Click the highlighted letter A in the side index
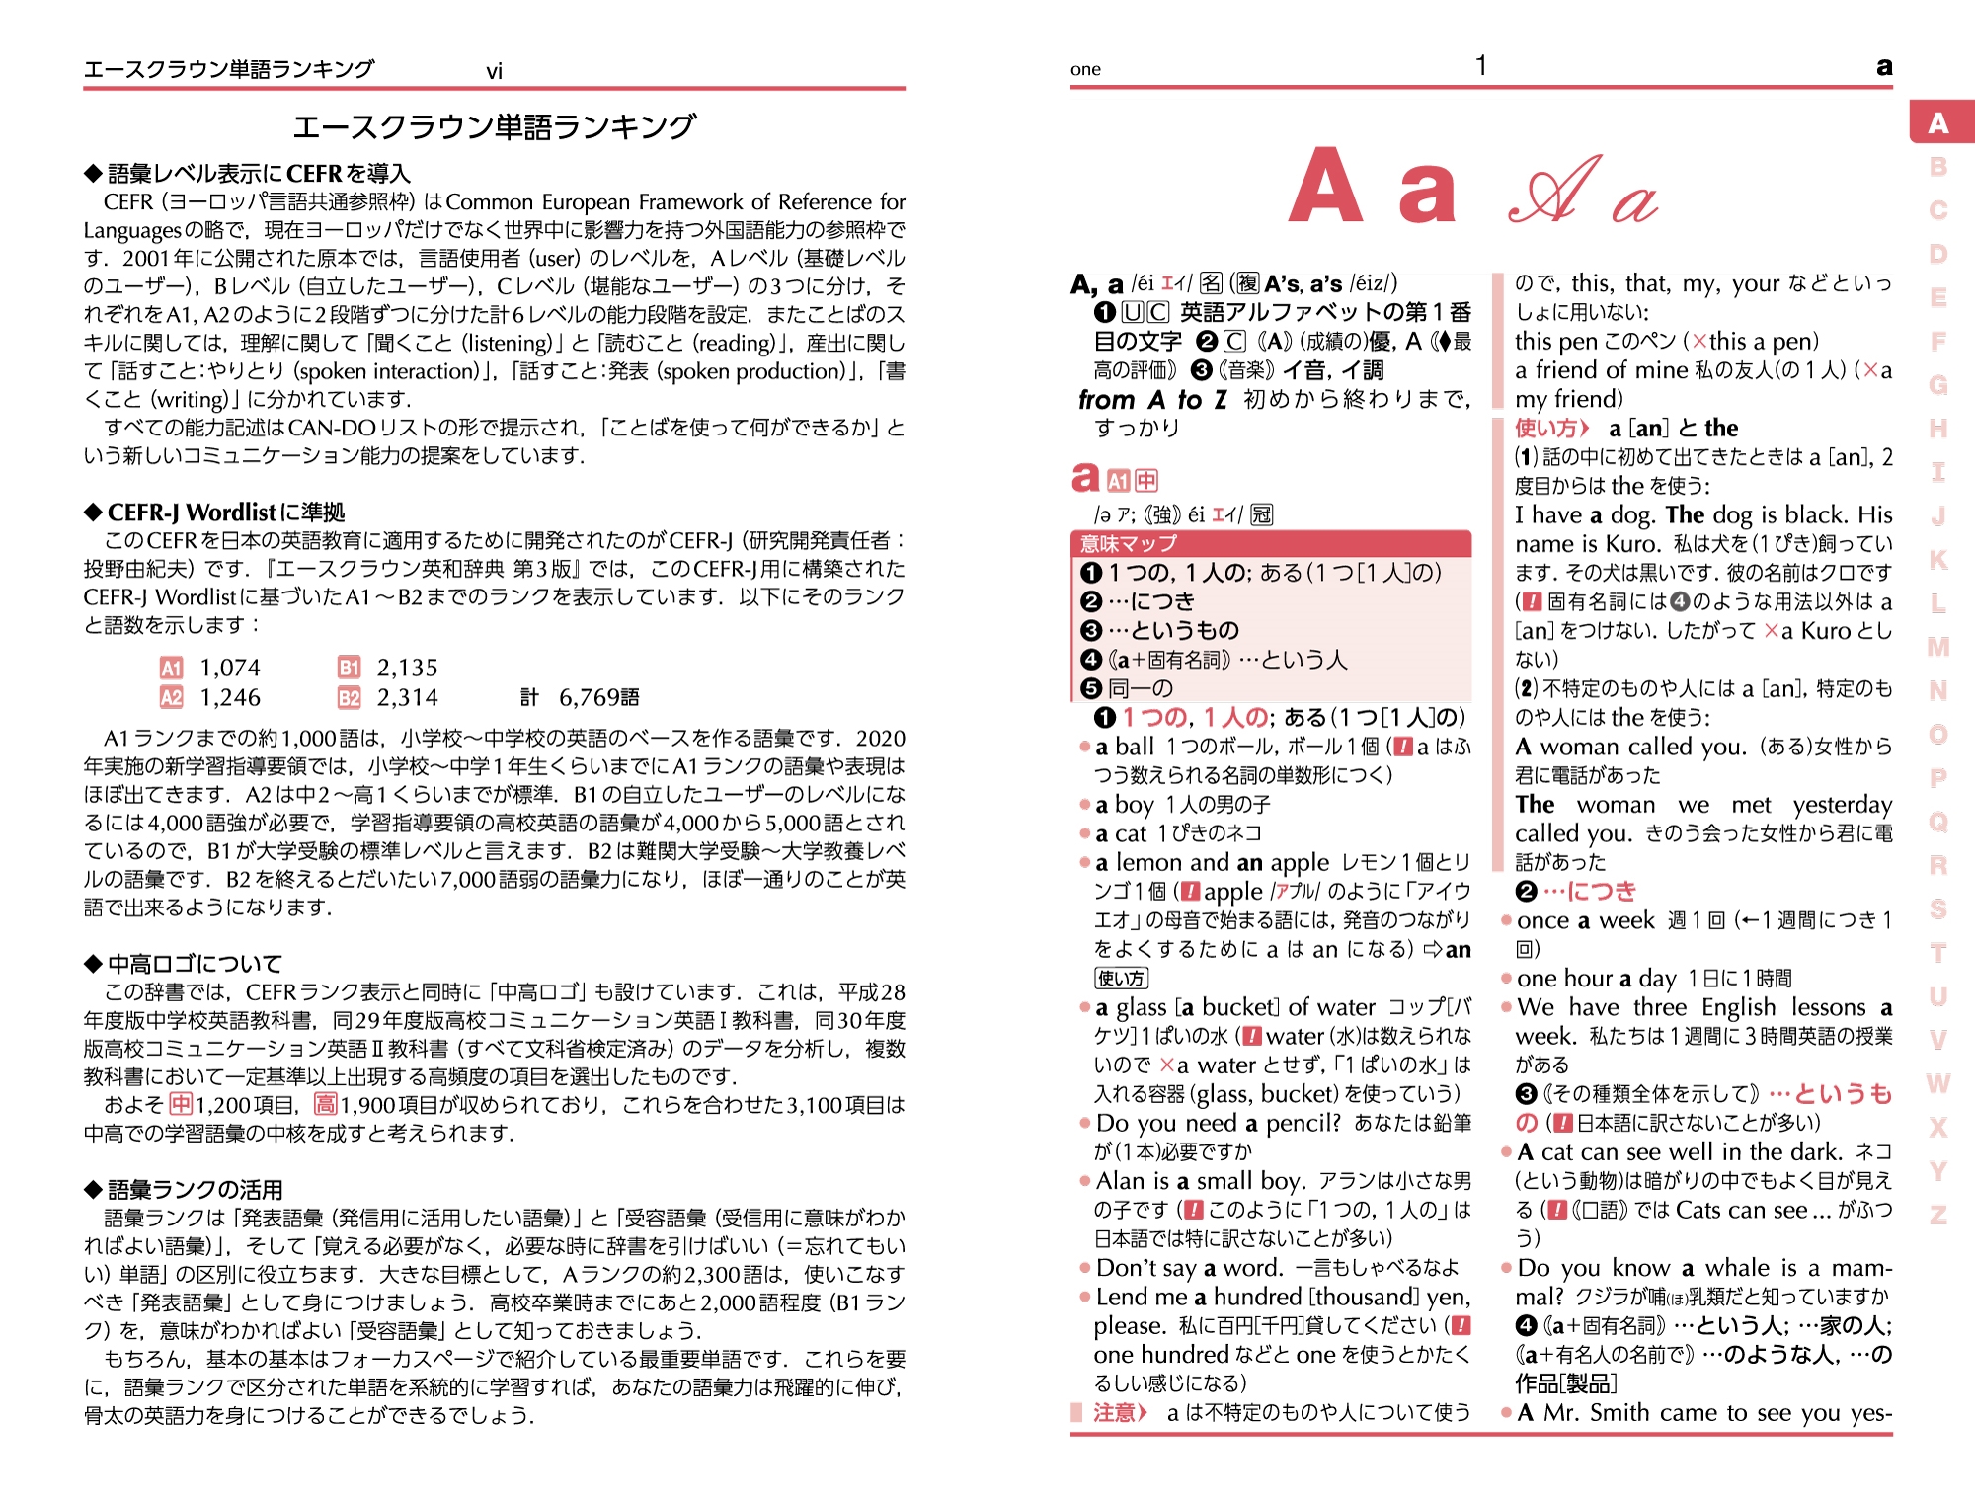tap(1938, 123)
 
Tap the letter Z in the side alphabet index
tap(1938, 1215)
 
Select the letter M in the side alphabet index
tap(1938, 647)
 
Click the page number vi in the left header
tap(494, 71)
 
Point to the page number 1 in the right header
tap(1480, 66)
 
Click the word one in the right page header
tap(1085, 69)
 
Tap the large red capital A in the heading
tap(1326, 187)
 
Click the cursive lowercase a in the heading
tap(1634, 202)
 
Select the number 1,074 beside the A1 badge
tap(230, 668)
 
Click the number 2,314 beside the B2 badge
tap(407, 698)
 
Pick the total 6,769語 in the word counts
tap(598, 698)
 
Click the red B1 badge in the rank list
tap(349, 668)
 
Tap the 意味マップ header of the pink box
tap(1129, 543)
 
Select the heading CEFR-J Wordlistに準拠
tap(226, 512)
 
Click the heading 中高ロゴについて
tap(195, 963)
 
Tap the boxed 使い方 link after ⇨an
tap(1121, 978)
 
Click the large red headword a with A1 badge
tap(1085, 478)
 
